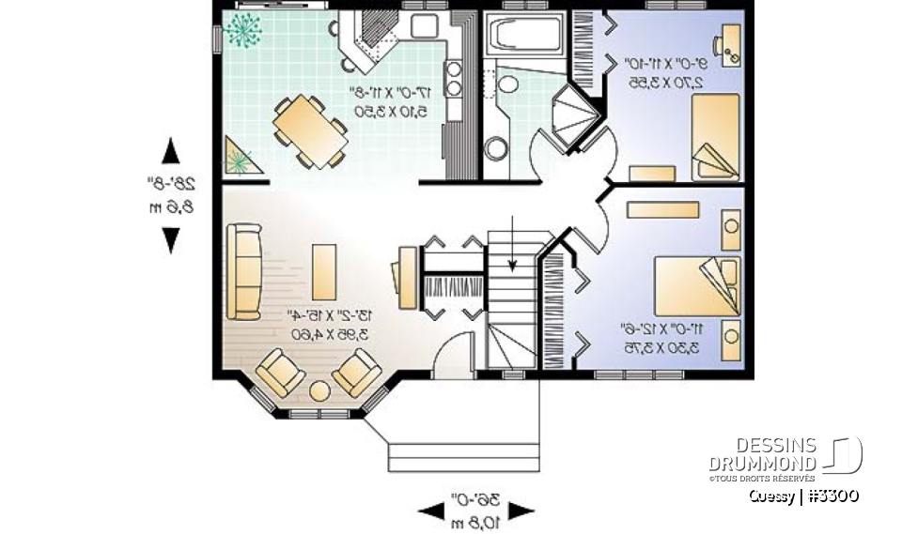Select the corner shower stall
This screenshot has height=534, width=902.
pyautogui.click(x=574, y=115)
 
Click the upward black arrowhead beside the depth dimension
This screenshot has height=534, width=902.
pyautogui.click(x=170, y=150)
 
